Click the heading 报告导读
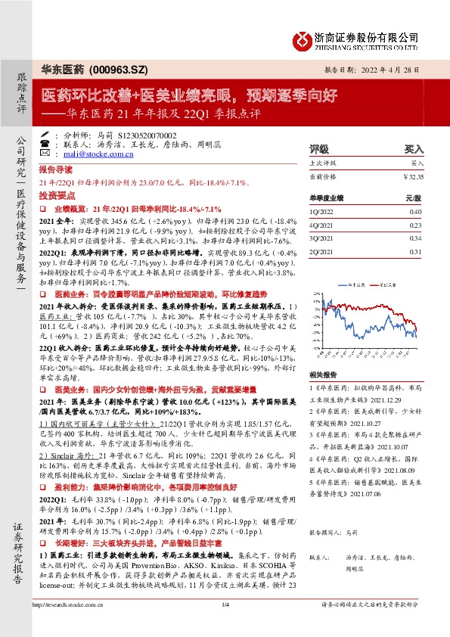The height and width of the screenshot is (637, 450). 56,170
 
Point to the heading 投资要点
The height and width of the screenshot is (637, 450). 56,194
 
